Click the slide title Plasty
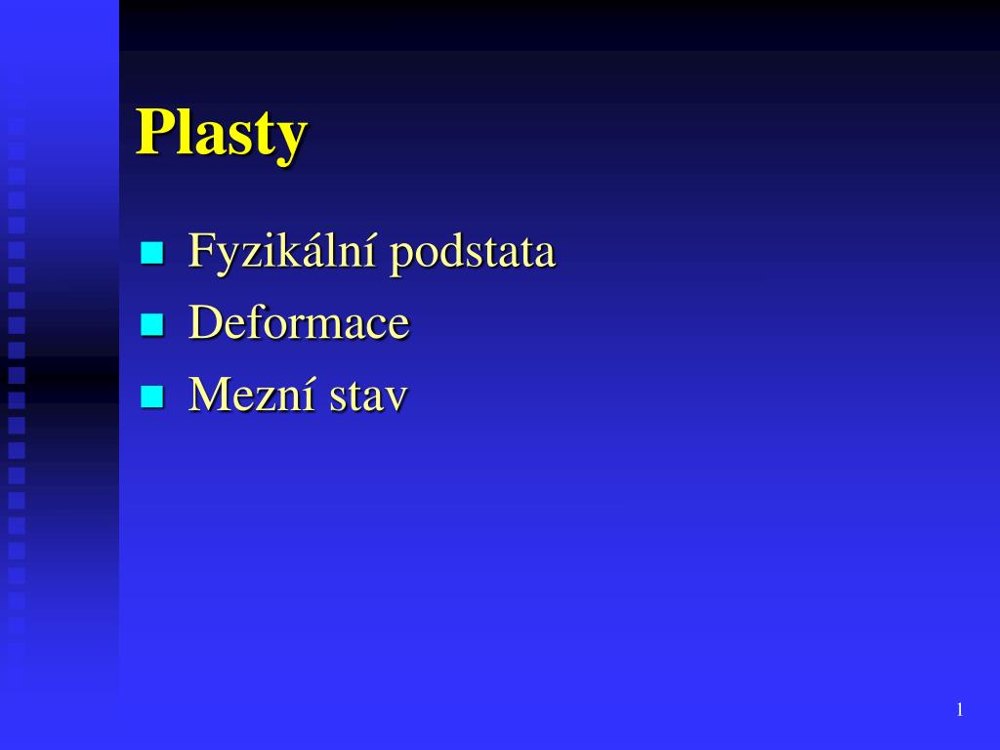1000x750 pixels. pos(222,133)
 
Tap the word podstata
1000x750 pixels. pos(473,252)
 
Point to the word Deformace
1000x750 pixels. pos(299,323)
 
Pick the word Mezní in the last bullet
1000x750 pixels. pos(252,395)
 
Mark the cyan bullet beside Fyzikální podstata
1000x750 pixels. pos(151,254)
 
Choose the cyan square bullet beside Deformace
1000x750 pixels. pos(151,325)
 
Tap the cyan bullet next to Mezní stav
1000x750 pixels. pos(151,396)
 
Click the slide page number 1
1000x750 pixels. pos(960,710)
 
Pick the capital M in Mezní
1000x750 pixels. pos(209,395)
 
